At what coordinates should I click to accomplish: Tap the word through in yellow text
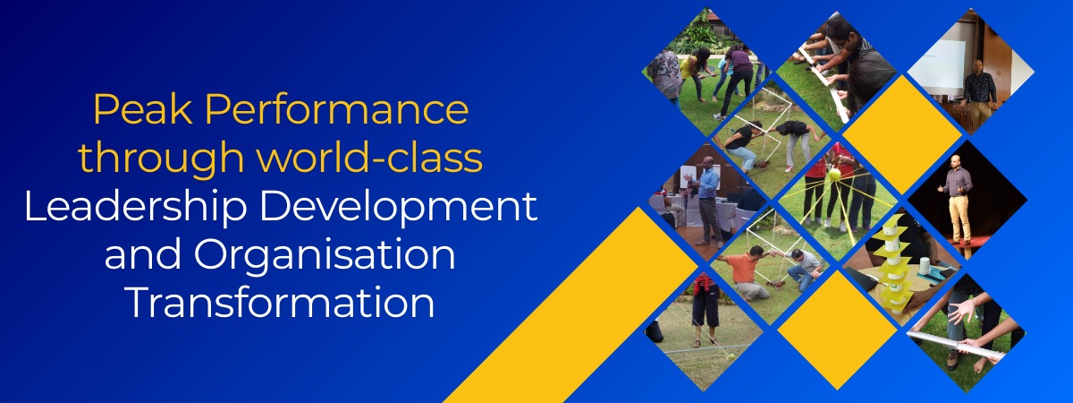pos(161,159)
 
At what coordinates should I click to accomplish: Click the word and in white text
pos(143,253)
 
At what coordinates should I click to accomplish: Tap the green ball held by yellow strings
pos(834,174)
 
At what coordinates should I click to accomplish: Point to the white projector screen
pos(937,64)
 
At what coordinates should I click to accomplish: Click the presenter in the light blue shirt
pos(706,200)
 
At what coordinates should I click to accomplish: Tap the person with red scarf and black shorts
pos(705,307)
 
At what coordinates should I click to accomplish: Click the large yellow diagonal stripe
pos(570,305)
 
